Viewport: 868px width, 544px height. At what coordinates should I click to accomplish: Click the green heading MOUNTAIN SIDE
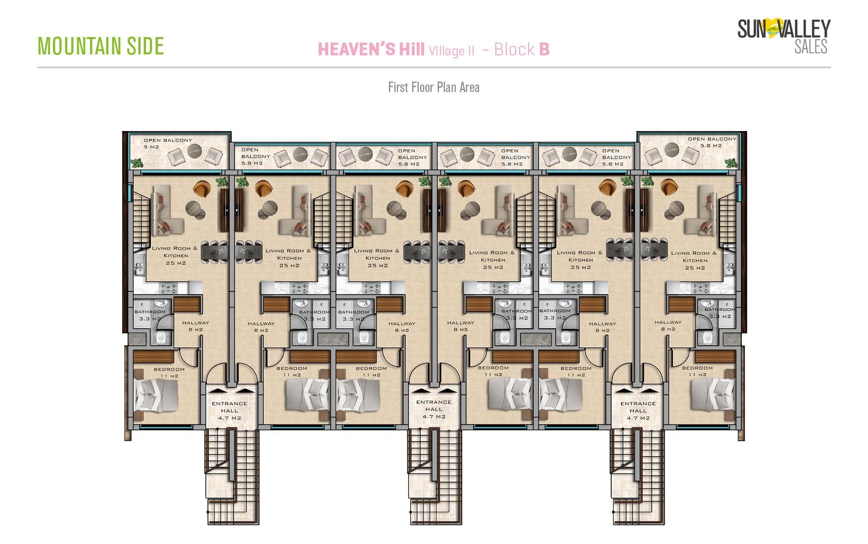click(101, 46)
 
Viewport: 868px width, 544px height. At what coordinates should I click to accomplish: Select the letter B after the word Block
click(544, 49)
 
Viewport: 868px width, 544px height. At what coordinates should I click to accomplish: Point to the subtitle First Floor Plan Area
click(434, 88)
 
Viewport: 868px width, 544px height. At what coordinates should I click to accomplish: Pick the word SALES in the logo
click(811, 46)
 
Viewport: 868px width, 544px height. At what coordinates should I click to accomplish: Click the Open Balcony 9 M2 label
click(167, 143)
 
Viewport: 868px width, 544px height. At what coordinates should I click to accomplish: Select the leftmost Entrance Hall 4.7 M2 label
click(229, 410)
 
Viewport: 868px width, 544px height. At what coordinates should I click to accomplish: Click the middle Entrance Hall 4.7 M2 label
click(434, 409)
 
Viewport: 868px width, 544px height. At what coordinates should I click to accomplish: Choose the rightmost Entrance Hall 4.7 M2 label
click(638, 410)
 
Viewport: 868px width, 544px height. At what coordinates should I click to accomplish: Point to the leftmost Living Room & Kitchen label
click(175, 255)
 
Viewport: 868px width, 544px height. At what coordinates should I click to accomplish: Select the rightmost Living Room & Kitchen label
click(694, 260)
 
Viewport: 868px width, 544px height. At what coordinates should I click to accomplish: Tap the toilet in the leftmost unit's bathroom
click(161, 337)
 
